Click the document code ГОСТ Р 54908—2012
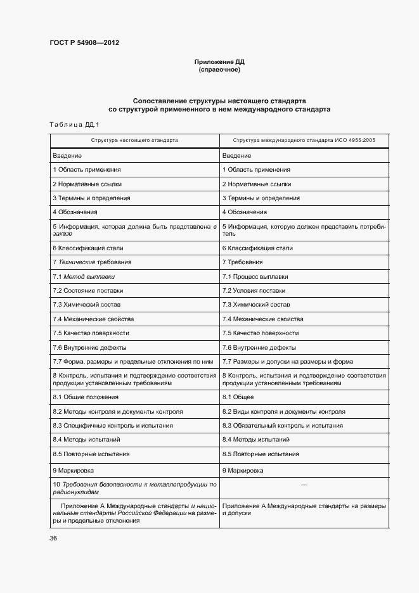(x=84, y=43)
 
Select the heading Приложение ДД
(x=219, y=62)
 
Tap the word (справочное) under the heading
(x=219, y=70)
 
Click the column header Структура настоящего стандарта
(x=134, y=139)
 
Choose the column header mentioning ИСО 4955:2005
(x=304, y=139)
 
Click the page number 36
(x=53, y=539)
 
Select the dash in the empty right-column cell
(x=304, y=485)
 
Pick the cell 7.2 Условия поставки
(x=254, y=291)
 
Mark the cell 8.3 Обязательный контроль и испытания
(x=283, y=426)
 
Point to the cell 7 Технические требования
(x=93, y=262)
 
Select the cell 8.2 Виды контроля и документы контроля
(x=283, y=411)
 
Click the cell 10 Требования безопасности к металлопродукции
(x=134, y=488)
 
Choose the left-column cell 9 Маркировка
(x=74, y=471)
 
